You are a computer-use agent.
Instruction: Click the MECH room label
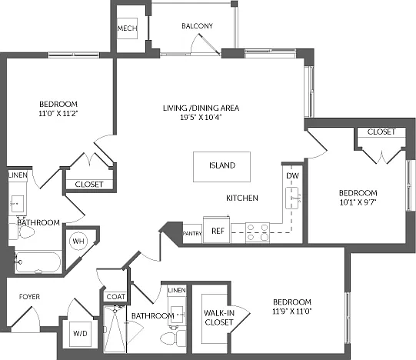(x=128, y=28)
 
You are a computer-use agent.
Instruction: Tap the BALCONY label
(x=197, y=25)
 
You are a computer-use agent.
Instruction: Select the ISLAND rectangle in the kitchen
(x=221, y=167)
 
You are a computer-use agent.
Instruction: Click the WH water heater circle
(x=78, y=241)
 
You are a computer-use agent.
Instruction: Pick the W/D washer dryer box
(x=81, y=334)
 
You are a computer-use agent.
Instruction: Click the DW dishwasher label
(x=293, y=175)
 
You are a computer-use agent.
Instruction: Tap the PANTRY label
(x=192, y=233)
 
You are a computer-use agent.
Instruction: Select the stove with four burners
(x=258, y=232)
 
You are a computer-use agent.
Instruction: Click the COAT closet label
(x=116, y=297)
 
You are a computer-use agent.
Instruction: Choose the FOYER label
(x=29, y=297)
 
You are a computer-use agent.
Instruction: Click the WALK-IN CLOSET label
(x=219, y=318)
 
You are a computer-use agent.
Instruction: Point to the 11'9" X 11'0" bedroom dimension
(x=292, y=311)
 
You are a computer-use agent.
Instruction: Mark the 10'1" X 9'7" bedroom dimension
(x=358, y=202)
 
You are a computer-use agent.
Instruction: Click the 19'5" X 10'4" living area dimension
(x=201, y=117)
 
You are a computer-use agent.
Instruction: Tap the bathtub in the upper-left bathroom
(x=38, y=262)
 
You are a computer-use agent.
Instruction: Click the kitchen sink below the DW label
(x=293, y=198)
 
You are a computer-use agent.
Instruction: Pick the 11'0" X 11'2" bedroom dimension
(x=58, y=113)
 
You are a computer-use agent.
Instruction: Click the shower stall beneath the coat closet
(x=115, y=329)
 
